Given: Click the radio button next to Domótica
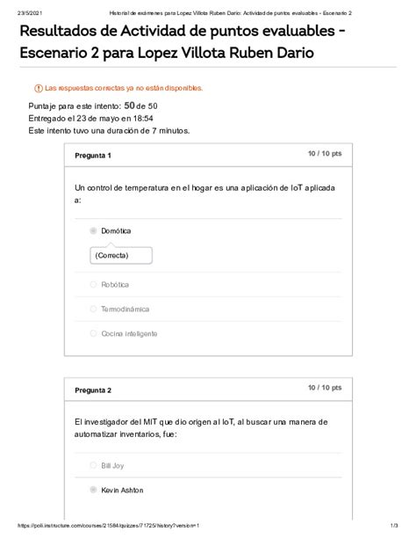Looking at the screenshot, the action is tap(93, 231).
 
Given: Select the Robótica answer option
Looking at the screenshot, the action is tap(115, 285).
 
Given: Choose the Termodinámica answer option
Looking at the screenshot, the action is tap(125, 310).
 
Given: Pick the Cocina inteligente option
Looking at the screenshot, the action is tap(129, 334).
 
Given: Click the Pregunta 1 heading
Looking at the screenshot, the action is tap(92, 156).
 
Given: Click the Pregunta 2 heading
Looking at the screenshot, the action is tap(92, 390).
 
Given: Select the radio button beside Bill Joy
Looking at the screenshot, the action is tap(93, 465).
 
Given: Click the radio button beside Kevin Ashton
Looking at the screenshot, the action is tap(93, 490).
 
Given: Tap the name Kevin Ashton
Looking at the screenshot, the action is tap(122, 490).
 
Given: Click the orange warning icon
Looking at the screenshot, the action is tap(38, 89).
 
